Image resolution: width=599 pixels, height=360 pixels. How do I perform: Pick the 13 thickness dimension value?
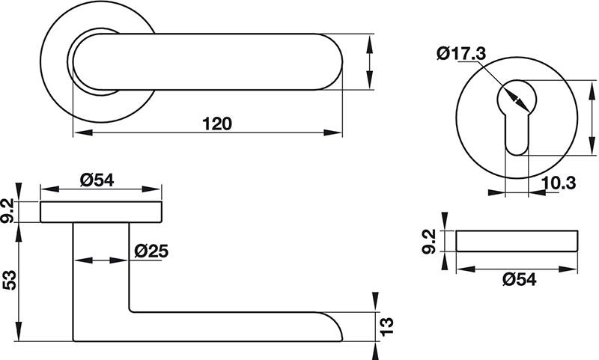coord(387,326)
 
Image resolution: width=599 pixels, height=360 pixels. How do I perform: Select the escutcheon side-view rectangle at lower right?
coord(517,241)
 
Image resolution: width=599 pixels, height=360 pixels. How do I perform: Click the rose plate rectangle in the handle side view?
coord(101,213)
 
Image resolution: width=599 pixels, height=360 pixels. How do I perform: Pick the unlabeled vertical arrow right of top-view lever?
coord(369,61)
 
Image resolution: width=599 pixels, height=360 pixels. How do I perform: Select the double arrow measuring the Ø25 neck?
coord(101,260)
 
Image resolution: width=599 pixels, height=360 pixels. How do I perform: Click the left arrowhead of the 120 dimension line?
coord(79,133)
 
